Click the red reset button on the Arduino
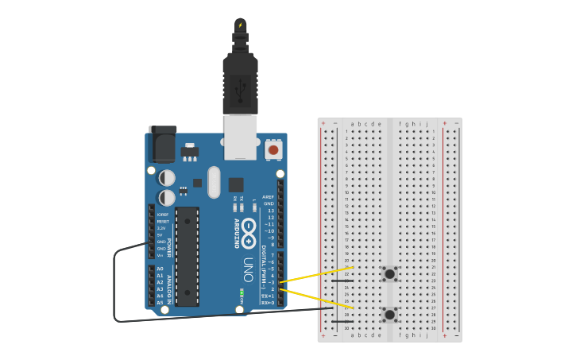pyautogui.click(x=273, y=149)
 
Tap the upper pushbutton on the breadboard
pyautogui.click(x=389, y=274)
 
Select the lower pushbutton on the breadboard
pyautogui.click(x=389, y=315)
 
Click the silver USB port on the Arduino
pyautogui.click(x=240, y=137)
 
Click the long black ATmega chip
pyautogui.click(x=187, y=256)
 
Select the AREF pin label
pyautogui.click(x=269, y=196)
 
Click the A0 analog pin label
pyautogui.click(x=160, y=269)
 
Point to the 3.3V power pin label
pyautogui.click(x=162, y=228)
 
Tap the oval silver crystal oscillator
pyautogui.click(x=213, y=181)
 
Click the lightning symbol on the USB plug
pyautogui.click(x=240, y=25)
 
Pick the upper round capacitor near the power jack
pyautogui.click(x=167, y=177)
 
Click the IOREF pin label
pyautogui.click(x=162, y=215)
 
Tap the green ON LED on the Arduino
pyautogui.click(x=241, y=292)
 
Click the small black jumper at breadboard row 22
pyautogui.click(x=342, y=281)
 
